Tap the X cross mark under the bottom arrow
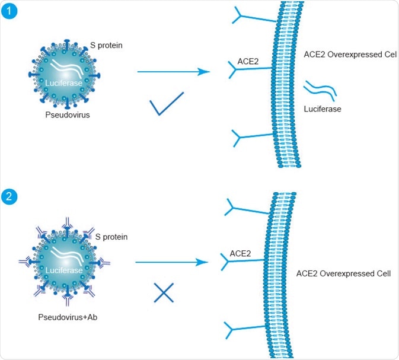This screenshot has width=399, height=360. pos(163,293)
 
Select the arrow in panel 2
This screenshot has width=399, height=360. pos(172,261)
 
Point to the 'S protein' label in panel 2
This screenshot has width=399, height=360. pos(111,237)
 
